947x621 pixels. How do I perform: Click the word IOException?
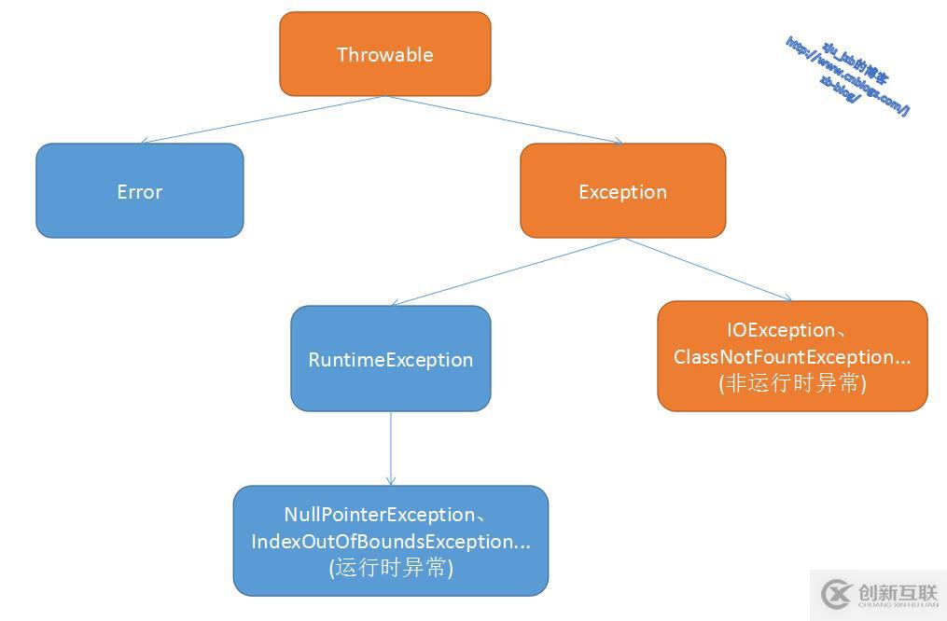coord(781,330)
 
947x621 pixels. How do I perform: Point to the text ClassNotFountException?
coord(787,357)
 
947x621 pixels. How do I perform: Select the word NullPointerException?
coord(379,515)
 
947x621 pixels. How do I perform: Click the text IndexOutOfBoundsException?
coord(384,542)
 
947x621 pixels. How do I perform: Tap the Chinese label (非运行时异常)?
coord(792,383)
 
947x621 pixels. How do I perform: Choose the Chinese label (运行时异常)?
coord(391,568)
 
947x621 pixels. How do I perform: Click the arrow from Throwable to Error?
coord(261,119)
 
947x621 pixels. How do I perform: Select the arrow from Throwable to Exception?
coord(504,119)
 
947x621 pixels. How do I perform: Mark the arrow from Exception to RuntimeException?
coord(507,271)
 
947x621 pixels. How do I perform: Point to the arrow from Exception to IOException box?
coord(707,269)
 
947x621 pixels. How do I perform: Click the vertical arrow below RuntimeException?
coord(391,448)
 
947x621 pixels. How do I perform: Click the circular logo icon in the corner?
coord(836,594)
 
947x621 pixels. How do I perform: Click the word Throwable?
coord(384,55)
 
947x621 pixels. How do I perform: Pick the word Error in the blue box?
coord(140,192)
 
